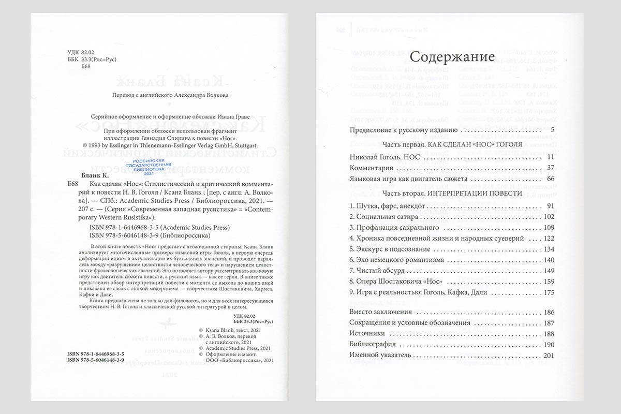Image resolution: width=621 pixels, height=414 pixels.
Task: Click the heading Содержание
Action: point(452,56)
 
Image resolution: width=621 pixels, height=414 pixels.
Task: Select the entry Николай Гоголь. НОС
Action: point(386,157)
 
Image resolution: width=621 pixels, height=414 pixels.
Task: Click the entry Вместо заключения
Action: point(380,312)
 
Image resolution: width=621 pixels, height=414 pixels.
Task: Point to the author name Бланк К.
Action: point(85,175)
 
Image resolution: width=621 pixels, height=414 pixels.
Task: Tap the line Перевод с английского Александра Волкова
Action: point(170,95)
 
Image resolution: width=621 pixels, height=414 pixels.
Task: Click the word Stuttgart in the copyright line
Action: point(252,146)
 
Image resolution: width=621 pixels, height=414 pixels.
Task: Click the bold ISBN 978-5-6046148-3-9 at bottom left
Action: point(96,360)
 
